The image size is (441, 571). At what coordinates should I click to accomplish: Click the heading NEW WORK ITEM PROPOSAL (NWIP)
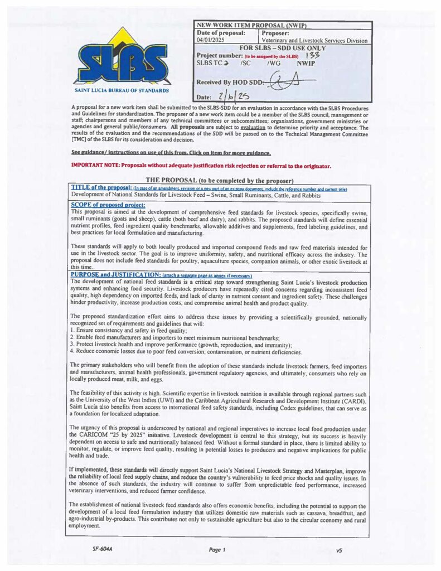point(251,26)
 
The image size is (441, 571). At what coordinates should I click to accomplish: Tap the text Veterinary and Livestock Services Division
point(314,41)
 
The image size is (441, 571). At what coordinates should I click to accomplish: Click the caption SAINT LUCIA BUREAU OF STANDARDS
point(121,90)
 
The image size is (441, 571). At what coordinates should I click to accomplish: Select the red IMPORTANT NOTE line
point(201,166)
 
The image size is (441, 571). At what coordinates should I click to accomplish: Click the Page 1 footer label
point(217,550)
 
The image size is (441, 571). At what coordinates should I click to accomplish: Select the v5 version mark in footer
point(339,550)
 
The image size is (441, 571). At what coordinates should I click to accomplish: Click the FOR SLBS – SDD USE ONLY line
point(282,48)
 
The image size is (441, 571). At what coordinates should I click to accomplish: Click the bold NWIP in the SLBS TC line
point(307,64)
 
